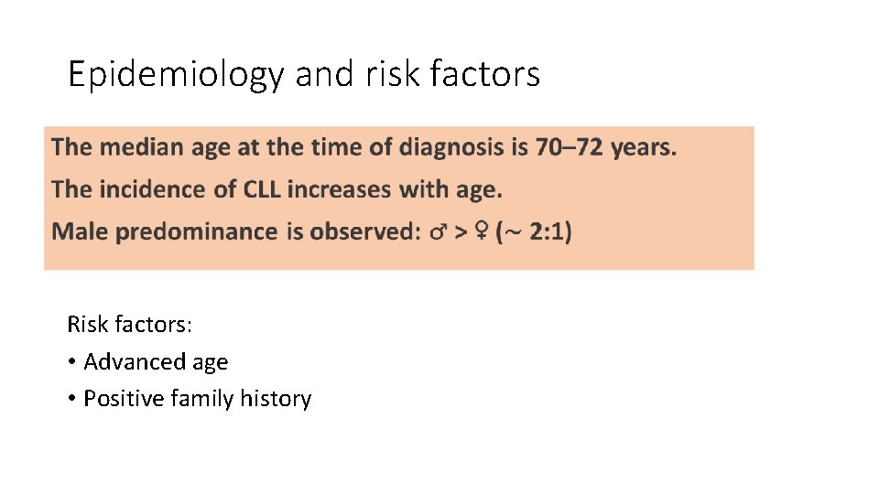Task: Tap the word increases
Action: click(x=339, y=189)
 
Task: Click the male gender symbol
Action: click(x=439, y=232)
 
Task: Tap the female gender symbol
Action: click(x=480, y=232)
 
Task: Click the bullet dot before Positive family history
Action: click(x=71, y=400)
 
